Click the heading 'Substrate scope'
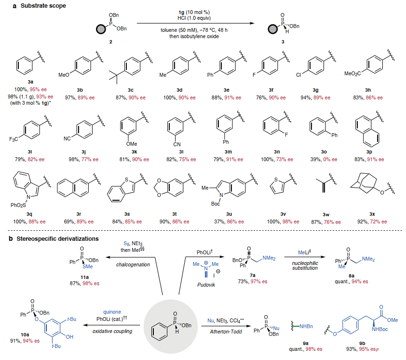pyautogui.click(x=29, y=6)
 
